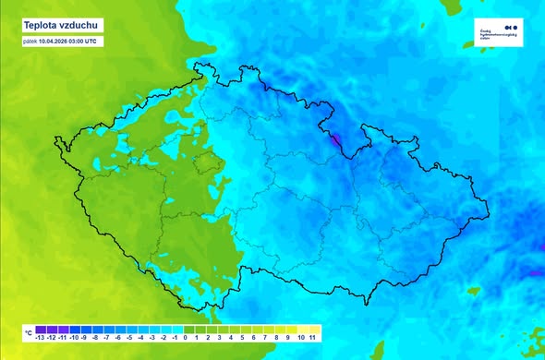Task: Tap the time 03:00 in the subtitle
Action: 85,41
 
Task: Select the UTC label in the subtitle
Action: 103,41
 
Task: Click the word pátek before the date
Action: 30,41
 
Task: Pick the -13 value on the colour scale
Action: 40,339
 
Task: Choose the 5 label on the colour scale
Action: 241,339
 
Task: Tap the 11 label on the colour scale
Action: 313,339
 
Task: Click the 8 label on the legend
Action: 276,339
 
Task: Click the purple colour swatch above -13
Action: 40,328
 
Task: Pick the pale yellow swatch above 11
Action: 313,328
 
